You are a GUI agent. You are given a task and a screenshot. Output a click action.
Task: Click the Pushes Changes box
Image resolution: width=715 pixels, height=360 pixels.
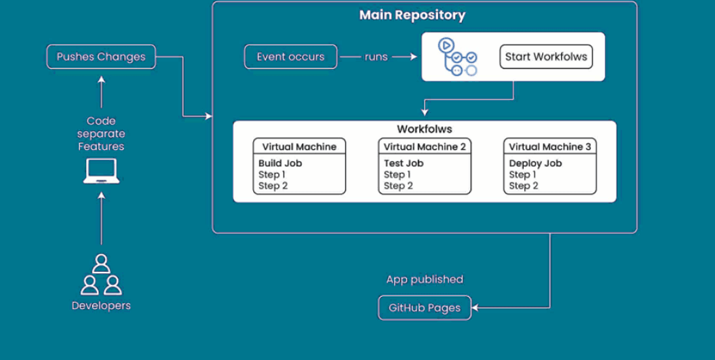pyautogui.click(x=101, y=57)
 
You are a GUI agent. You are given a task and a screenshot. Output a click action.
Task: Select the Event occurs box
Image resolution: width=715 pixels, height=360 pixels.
pyautogui.click(x=290, y=57)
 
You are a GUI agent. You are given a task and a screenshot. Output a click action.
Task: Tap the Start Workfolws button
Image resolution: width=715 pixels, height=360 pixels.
pyautogui.click(x=546, y=57)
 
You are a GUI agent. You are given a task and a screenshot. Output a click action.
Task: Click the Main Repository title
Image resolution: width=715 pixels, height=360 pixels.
pyautogui.click(x=412, y=15)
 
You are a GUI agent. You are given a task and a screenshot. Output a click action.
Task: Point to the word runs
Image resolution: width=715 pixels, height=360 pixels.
pyautogui.click(x=376, y=57)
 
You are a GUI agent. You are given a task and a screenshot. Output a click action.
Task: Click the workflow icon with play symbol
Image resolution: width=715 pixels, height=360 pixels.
pyautogui.click(x=457, y=57)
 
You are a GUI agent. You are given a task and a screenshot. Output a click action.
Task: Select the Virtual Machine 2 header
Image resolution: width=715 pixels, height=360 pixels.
pyautogui.click(x=425, y=146)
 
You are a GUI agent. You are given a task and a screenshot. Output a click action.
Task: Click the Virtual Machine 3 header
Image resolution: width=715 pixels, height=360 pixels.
pyautogui.click(x=550, y=146)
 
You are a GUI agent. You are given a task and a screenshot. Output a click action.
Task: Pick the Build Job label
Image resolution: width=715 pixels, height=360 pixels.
pyautogui.click(x=280, y=163)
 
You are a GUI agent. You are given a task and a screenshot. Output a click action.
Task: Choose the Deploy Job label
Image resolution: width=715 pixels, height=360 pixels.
pyautogui.click(x=535, y=163)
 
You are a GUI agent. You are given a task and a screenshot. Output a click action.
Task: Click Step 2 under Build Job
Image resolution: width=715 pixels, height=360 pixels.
pyautogui.click(x=273, y=186)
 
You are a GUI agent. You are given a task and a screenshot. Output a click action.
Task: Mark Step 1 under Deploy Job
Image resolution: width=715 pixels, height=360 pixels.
pyautogui.click(x=524, y=174)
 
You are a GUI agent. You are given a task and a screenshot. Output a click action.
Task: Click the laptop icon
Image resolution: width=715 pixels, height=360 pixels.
pyautogui.click(x=101, y=172)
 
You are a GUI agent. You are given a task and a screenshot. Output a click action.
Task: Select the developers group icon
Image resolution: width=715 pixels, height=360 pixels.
pyautogui.click(x=101, y=275)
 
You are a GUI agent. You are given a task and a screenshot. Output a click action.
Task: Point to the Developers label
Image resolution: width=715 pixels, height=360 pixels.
pyautogui.click(x=101, y=305)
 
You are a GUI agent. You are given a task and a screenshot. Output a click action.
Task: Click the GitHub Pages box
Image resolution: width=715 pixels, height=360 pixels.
pyautogui.click(x=425, y=308)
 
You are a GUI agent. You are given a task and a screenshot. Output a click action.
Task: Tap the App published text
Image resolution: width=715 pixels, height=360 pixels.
pyautogui.click(x=425, y=279)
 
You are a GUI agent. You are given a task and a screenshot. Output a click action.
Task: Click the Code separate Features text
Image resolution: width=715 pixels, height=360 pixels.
pyautogui.click(x=101, y=134)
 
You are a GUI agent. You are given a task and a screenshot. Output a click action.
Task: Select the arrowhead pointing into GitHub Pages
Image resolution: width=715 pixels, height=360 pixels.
pyautogui.click(x=474, y=308)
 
